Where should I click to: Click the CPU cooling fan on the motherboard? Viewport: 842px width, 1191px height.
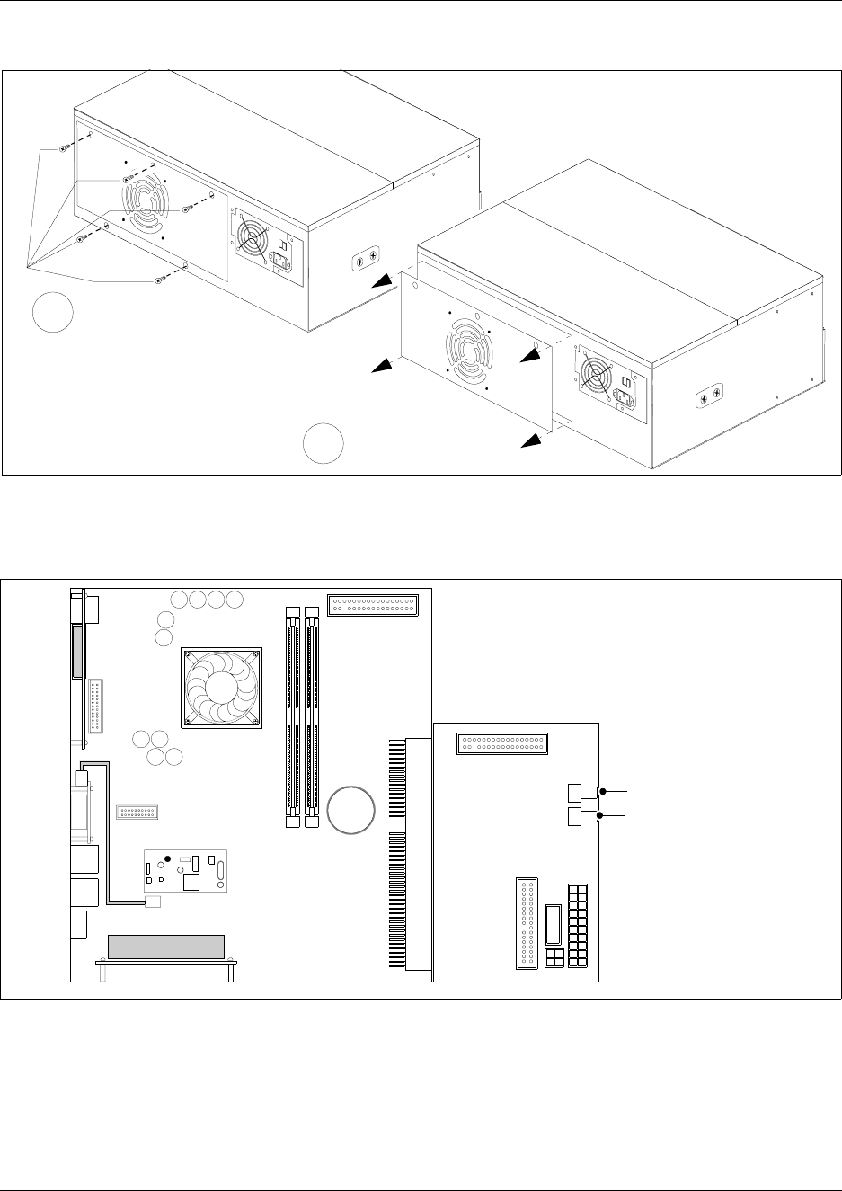click(221, 687)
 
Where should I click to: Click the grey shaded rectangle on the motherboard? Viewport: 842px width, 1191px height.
click(165, 947)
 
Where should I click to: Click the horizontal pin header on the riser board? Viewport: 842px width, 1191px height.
click(502, 744)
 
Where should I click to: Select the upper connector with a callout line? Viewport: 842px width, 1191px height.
click(582, 792)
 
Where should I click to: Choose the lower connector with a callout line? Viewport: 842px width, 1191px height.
click(582, 816)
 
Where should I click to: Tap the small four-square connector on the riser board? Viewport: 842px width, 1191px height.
click(554, 957)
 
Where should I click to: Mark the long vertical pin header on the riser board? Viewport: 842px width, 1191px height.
click(527, 924)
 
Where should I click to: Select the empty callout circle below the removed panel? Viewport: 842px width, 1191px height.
click(324, 443)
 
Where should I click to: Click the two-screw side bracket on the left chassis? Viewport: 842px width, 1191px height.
click(365, 261)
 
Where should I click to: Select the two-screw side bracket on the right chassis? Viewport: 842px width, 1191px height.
click(710, 395)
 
